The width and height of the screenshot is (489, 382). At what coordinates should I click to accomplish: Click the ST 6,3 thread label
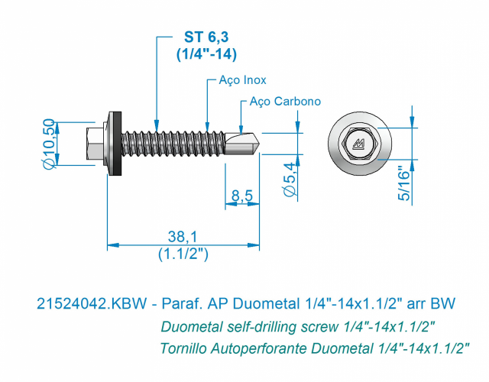(206, 37)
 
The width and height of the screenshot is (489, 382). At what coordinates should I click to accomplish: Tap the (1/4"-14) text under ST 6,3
(206, 54)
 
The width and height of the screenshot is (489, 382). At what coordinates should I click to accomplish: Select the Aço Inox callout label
(243, 80)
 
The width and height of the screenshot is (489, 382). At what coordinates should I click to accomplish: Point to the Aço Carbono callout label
(285, 102)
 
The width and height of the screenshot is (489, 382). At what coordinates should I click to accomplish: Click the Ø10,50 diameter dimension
(49, 144)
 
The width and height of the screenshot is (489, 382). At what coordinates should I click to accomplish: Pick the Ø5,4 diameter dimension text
(289, 180)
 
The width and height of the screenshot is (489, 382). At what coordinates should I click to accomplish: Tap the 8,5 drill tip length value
(242, 196)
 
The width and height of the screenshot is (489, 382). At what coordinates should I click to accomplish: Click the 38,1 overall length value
(183, 237)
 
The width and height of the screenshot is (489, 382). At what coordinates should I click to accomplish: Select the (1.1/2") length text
(183, 254)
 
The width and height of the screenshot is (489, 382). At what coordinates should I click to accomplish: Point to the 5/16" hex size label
(403, 185)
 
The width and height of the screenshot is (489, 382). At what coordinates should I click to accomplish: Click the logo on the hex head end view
(359, 144)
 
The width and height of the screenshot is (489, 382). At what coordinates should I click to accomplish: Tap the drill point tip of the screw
(258, 144)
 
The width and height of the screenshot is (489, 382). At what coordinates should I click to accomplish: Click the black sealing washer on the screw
(118, 143)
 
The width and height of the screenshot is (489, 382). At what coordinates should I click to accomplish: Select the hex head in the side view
(95, 144)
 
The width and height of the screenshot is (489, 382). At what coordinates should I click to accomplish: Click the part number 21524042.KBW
(92, 303)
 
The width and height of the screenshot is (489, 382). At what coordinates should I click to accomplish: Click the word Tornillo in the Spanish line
(183, 348)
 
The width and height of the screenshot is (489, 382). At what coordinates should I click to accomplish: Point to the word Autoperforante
(259, 348)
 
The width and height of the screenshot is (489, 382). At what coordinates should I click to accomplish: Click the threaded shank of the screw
(173, 144)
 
